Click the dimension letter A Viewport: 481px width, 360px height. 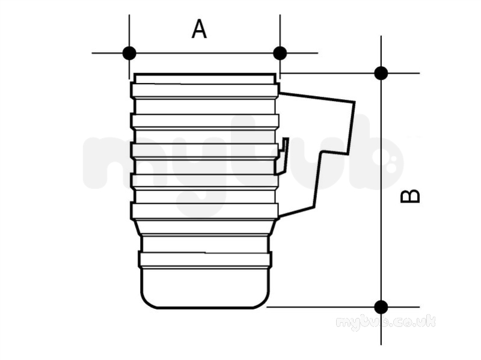click(x=199, y=29)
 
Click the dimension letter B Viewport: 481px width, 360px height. click(x=410, y=197)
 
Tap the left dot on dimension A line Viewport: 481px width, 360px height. click(x=129, y=53)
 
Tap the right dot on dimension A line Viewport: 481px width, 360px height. click(x=280, y=53)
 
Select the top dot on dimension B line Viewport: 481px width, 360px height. click(x=381, y=73)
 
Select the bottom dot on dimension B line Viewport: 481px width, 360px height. click(x=381, y=307)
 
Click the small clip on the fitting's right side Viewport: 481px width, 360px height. click(x=283, y=156)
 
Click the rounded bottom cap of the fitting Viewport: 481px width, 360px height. click(x=206, y=288)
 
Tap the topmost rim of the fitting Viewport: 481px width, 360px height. click(x=205, y=79)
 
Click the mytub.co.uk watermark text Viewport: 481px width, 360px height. click(x=385, y=323)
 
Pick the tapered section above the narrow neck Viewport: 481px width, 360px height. click(x=205, y=227)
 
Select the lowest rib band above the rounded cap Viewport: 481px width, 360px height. click(x=205, y=260)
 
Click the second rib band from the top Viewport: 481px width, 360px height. click(x=205, y=121)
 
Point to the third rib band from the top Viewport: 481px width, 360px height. click(x=205, y=151)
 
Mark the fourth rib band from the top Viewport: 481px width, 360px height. click(x=205, y=181)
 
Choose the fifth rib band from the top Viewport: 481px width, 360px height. click(x=205, y=211)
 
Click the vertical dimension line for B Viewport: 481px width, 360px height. click(x=381, y=190)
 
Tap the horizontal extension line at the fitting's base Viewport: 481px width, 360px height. click(x=343, y=307)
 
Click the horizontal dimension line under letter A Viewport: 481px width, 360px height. click(x=204, y=53)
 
